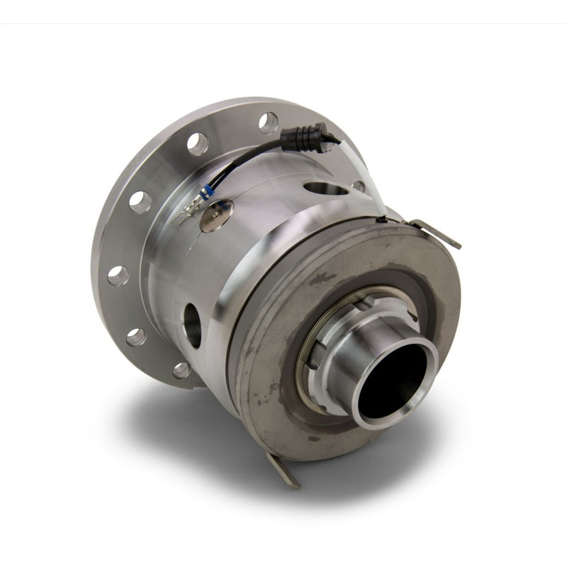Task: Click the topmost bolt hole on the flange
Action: pyautogui.click(x=269, y=122)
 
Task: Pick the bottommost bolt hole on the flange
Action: pyautogui.click(x=181, y=369)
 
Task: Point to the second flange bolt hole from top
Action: pyautogui.click(x=197, y=144)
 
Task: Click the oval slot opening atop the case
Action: pyautogui.click(x=325, y=189)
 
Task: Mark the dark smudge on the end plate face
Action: pyautogui.click(x=322, y=279)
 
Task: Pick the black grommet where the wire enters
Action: pyautogui.click(x=382, y=220)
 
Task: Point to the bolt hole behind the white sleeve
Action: pyautogui.click(x=359, y=186)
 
